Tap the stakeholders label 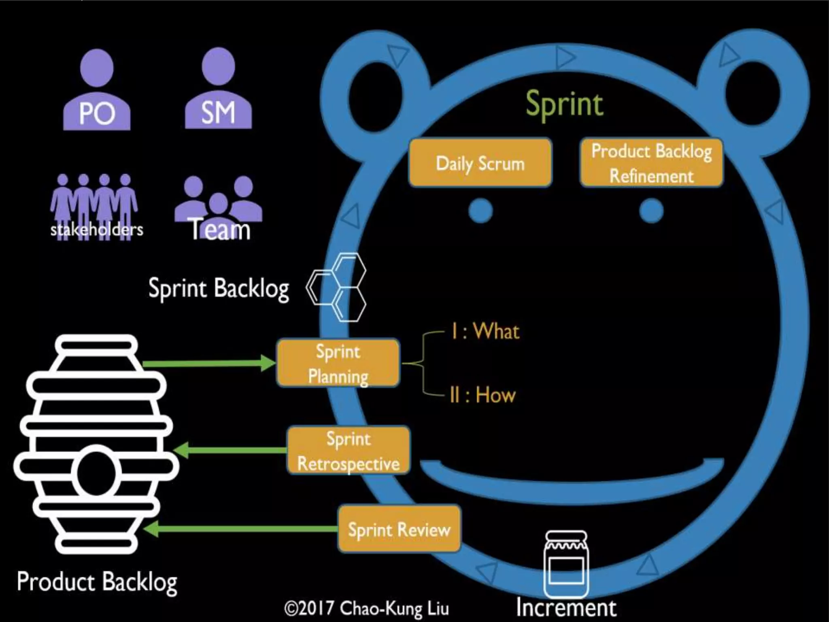pos(97,230)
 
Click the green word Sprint pos(564,104)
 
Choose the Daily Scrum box pos(480,163)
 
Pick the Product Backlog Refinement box pos(651,163)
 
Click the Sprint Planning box pos(338,363)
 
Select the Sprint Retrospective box pos(349,451)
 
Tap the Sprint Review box pos(399,529)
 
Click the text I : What pos(485,331)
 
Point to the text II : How pos(483,395)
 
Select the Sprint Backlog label pos(219,288)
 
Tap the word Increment pos(566,607)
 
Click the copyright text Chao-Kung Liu pos(367,608)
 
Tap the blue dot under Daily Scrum pos(480,211)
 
